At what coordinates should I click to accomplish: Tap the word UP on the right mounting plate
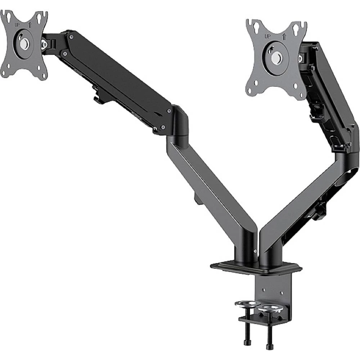click(x=267, y=36)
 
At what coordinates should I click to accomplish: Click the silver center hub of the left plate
click(x=24, y=44)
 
